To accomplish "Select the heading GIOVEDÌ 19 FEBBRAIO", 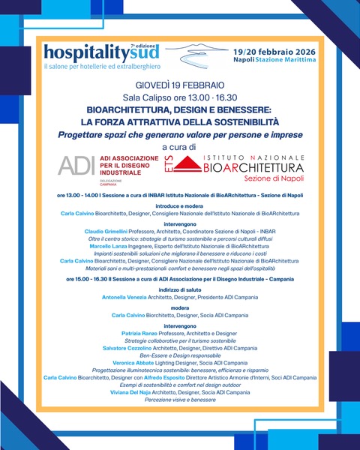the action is [x=181, y=85].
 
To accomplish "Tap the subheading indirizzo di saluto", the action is [x=180, y=288].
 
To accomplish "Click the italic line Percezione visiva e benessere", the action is [x=180, y=399].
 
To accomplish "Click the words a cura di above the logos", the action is [x=180, y=147].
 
